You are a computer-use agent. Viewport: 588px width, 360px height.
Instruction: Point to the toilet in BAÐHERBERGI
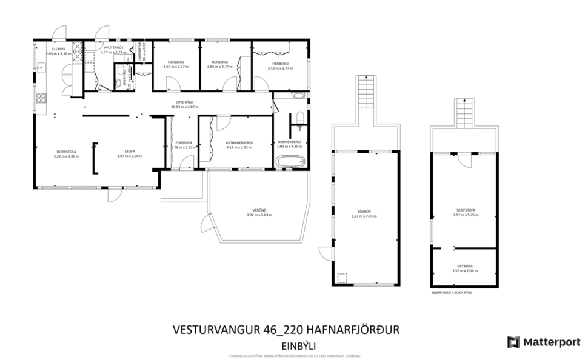299,116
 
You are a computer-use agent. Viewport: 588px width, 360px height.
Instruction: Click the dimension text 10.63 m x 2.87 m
184,107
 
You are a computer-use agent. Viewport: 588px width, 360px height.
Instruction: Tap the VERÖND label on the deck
259,210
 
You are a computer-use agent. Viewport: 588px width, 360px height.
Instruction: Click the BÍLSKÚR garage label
364,212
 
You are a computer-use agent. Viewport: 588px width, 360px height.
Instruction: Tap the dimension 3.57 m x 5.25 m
465,215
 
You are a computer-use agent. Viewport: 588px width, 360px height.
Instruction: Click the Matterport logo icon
513,342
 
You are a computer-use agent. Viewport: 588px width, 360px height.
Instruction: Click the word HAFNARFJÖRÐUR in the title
356,330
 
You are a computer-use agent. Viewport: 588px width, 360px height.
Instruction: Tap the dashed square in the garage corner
342,278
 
